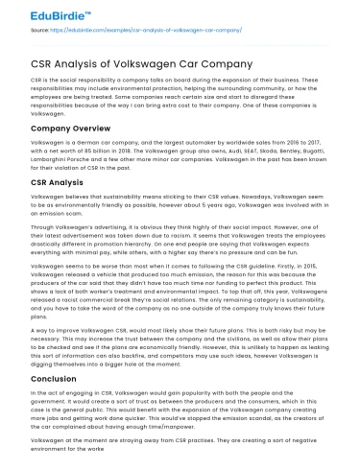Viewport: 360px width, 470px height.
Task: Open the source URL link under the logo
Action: pos(144,30)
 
